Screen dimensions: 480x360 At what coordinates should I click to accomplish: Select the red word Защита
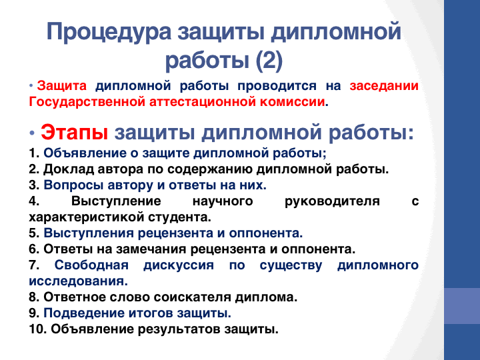(x=62, y=86)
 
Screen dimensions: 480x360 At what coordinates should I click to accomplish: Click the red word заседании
(x=384, y=86)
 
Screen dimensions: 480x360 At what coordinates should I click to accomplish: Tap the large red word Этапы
(x=75, y=133)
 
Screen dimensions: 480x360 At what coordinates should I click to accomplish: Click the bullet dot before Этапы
(x=32, y=133)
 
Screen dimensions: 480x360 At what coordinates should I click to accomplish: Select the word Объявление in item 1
(x=85, y=153)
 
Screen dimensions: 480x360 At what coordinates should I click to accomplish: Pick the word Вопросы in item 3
(x=73, y=185)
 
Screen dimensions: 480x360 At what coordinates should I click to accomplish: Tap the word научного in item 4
(x=223, y=202)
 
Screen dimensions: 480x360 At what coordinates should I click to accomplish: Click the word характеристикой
(x=87, y=217)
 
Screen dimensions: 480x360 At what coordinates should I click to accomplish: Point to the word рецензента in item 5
(x=175, y=233)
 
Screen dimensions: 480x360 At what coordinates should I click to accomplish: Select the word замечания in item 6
(x=151, y=249)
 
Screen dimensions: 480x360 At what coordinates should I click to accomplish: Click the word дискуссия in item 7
(x=179, y=265)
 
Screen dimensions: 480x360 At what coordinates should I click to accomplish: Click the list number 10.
(x=37, y=329)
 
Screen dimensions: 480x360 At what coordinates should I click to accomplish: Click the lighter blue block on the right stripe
(x=462, y=306)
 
